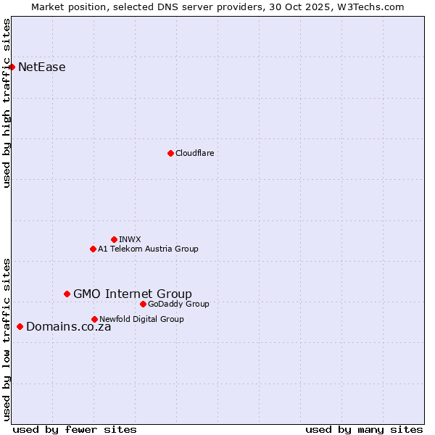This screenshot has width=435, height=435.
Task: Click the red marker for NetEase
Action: tap(12, 67)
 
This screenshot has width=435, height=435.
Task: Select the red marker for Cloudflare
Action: tap(170, 153)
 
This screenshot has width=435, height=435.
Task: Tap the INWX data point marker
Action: tap(114, 239)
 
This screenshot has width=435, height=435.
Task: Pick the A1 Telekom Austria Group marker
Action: tap(93, 249)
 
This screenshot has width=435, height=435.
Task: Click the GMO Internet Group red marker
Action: tap(67, 294)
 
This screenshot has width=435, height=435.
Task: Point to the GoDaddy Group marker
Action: tap(143, 304)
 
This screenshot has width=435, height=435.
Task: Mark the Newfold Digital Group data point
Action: tap(94, 319)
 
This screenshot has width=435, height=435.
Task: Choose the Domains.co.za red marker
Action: tap(20, 327)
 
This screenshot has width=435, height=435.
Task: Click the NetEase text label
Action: tap(42, 67)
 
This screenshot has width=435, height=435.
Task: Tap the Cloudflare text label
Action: tap(194, 153)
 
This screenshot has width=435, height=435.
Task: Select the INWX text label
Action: tap(130, 239)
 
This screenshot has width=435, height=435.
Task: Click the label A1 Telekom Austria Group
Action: tap(148, 249)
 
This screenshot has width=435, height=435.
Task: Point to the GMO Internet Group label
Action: tap(133, 294)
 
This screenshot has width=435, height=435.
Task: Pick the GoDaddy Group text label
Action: tap(178, 304)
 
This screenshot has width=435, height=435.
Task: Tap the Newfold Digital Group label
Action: tap(141, 319)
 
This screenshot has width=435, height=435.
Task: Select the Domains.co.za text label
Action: tap(69, 327)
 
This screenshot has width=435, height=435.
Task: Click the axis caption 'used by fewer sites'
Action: tap(75, 429)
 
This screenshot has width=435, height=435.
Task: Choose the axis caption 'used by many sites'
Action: tap(364, 429)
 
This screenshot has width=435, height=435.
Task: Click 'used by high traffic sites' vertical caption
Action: tap(7, 103)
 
